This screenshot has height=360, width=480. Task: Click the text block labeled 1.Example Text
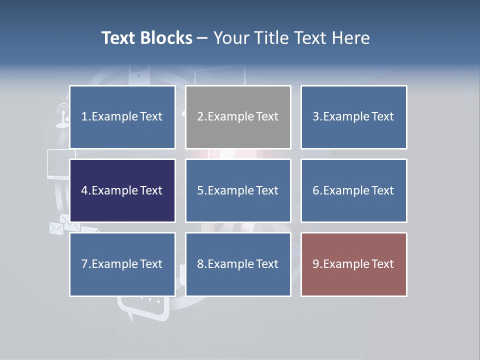coord(122,117)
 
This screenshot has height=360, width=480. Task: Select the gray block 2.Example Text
coord(238,117)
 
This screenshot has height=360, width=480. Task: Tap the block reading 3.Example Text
coord(353,117)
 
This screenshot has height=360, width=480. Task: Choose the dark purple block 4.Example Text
coord(122,190)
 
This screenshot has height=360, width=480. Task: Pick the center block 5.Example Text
coord(238,190)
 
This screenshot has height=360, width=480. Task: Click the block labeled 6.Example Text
coord(353,190)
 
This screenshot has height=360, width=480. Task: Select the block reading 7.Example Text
coord(122,264)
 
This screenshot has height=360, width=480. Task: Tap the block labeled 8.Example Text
coord(238,264)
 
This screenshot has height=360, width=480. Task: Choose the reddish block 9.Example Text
coord(353,264)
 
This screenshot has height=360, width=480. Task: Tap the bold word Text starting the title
coord(120,38)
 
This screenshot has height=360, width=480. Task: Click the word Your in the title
coord(230,38)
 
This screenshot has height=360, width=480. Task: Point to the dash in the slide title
coord(202,38)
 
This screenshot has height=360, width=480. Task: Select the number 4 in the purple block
coord(84,190)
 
